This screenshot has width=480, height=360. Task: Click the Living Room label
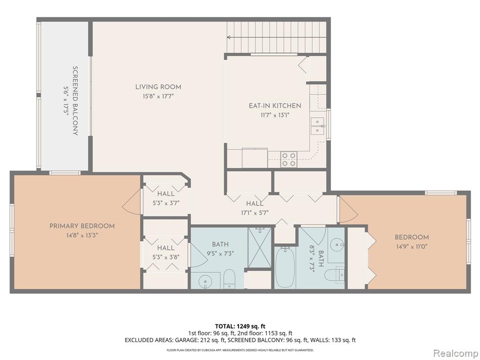click(158, 87)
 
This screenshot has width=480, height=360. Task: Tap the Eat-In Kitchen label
click(275, 106)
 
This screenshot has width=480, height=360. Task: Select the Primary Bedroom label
click(82, 226)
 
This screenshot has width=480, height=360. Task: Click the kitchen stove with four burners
click(289, 159)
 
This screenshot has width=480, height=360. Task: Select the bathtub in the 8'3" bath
click(285, 267)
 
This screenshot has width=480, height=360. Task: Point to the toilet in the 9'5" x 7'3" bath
click(229, 278)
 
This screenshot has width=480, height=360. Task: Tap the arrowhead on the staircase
click(229, 37)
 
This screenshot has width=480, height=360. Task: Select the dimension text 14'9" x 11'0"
click(412, 247)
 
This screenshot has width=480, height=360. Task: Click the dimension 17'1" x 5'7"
click(255, 213)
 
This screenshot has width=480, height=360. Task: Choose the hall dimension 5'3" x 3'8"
click(165, 257)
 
